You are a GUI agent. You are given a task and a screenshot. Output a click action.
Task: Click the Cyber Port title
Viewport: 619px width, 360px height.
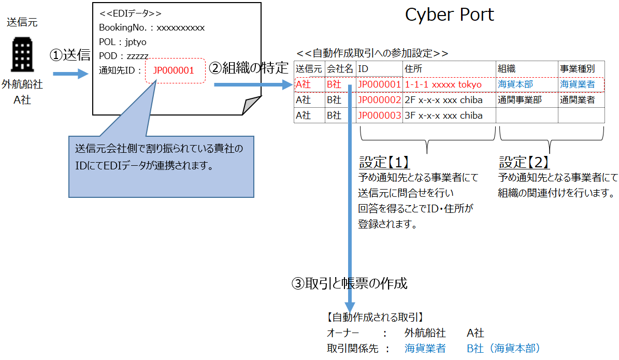pyautogui.click(x=449, y=15)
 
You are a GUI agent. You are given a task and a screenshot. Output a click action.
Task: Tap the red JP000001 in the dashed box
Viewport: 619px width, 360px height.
pyautogui.click(x=174, y=70)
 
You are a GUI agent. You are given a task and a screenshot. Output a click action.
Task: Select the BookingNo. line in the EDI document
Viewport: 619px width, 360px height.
pyautogui.click(x=152, y=27)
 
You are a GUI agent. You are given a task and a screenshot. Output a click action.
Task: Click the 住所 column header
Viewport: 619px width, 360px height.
pyautogui.click(x=412, y=68)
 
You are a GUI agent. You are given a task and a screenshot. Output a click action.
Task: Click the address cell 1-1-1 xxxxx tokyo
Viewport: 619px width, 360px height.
pyautogui.click(x=443, y=84)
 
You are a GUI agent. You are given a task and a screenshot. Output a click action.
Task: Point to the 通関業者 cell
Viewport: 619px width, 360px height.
pyautogui.click(x=577, y=99)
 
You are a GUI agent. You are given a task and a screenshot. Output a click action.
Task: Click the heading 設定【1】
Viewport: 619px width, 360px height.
pyautogui.click(x=384, y=163)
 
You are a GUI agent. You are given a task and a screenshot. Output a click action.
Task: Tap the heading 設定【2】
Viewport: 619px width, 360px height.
pyautogui.click(x=524, y=163)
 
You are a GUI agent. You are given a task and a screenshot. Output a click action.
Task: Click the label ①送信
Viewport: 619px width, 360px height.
pyautogui.click(x=69, y=55)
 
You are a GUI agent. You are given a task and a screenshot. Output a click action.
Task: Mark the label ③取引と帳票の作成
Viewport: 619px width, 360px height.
pyautogui.click(x=350, y=283)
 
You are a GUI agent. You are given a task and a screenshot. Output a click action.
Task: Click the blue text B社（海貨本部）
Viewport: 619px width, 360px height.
pyautogui.click(x=503, y=349)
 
